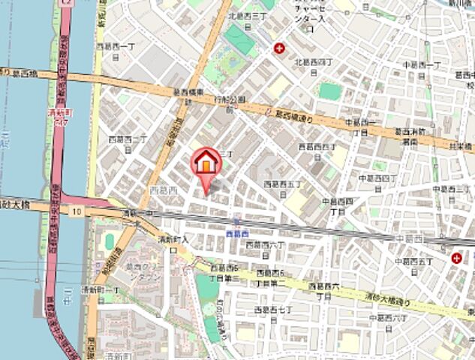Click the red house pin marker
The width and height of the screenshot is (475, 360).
pos(206,162)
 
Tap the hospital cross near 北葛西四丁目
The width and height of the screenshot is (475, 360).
pos(280,49)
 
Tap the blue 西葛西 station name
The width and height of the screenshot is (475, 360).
pos(237,233)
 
